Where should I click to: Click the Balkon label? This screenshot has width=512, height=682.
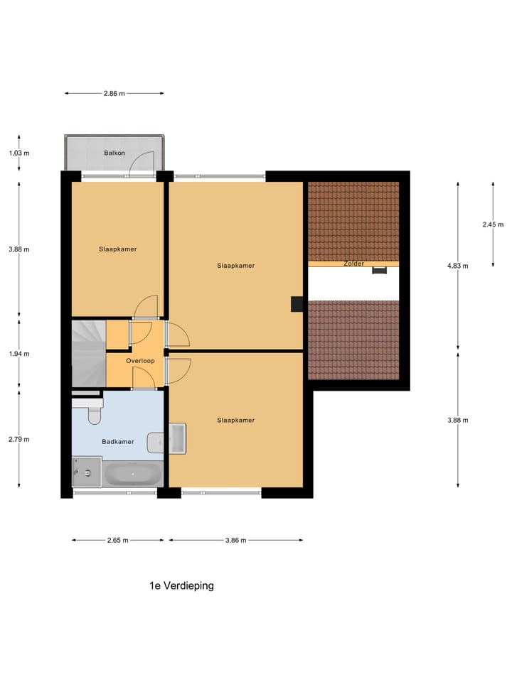pyautogui.click(x=114, y=153)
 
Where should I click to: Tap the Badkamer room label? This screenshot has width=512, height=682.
pyautogui.click(x=118, y=442)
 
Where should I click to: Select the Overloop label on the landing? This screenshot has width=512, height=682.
pyautogui.click(x=140, y=361)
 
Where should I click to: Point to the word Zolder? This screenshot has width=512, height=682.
pyautogui.click(x=353, y=264)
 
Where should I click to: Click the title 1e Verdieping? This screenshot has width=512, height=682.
pyautogui.click(x=181, y=586)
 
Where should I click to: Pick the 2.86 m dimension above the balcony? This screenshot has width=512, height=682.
pyautogui.click(x=114, y=93)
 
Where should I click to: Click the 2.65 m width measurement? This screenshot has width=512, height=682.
pyautogui.click(x=117, y=540)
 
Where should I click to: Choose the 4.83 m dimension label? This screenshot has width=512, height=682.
pyautogui.click(x=458, y=266)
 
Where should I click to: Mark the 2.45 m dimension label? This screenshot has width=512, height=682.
pyautogui.click(x=493, y=224)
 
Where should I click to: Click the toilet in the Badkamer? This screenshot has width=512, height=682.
pyautogui.click(x=92, y=412)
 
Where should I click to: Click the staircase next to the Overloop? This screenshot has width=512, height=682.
pyautogui.click(x=87, y=352)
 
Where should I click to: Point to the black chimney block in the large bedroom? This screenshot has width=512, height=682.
pyautogui.click(x=297, y=304)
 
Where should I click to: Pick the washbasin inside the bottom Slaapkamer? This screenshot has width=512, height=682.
pyautogui.click(x=177, y=438)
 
